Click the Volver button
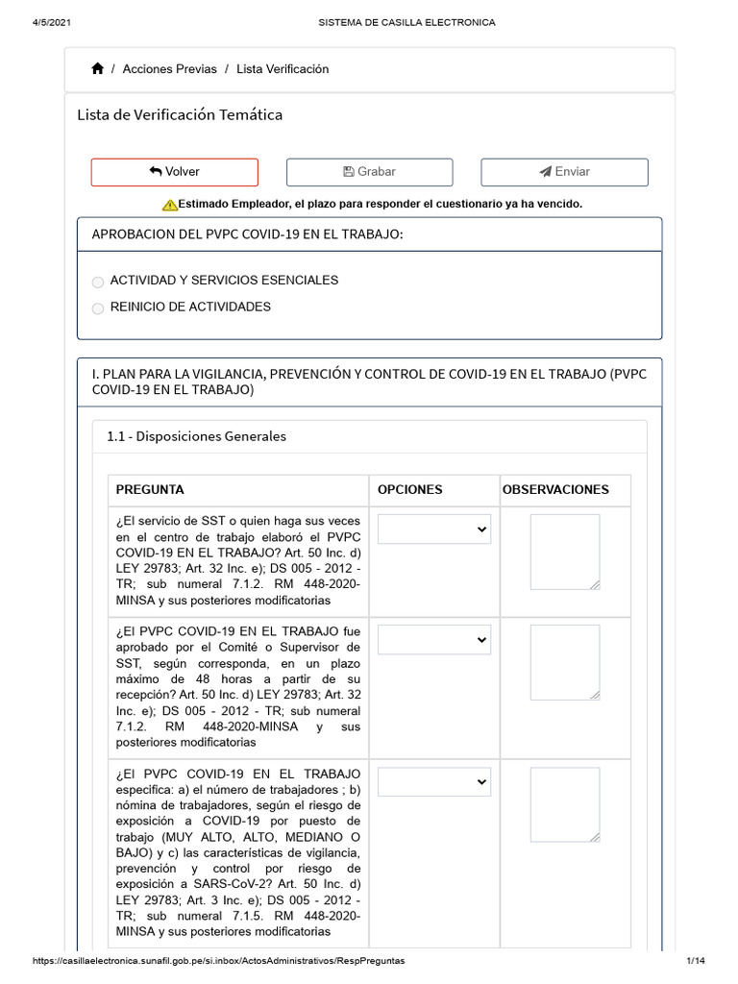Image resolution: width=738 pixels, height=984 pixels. (x=174, y=172)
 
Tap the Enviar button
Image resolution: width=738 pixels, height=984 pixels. (x=564, y=172)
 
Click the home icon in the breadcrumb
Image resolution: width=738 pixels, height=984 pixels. (x=98, y=69)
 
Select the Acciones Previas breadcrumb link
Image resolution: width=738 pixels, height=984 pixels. (x=169, y=69)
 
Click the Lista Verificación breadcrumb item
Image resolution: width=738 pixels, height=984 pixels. (x=283, y=69)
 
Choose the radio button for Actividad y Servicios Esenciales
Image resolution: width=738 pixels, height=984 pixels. (x=98, y=282)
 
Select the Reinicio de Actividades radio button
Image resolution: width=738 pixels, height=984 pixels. (x=98, y=308)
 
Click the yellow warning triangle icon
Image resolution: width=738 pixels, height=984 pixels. (x=169, y=205)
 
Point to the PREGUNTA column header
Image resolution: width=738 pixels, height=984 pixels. (x=150, y=489)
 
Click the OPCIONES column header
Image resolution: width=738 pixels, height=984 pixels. (x=409, y=489)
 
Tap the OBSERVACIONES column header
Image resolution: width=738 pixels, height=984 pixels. (x=555, y=489)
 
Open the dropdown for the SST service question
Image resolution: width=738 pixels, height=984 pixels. (x=433, y=529)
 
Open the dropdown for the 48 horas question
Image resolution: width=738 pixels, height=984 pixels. (x=433, y=640)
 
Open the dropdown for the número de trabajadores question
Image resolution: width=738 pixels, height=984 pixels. (x=433, y=782)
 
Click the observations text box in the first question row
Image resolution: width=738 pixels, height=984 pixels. (x=564, y=552)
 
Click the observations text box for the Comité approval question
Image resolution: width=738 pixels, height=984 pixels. (x=564, y=662)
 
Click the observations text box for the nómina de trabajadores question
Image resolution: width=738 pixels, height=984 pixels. (x=564, y=804)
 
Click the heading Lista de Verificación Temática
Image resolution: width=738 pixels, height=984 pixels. (x=180, y=115)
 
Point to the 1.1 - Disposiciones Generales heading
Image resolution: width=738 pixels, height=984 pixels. (x=196, y=436)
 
